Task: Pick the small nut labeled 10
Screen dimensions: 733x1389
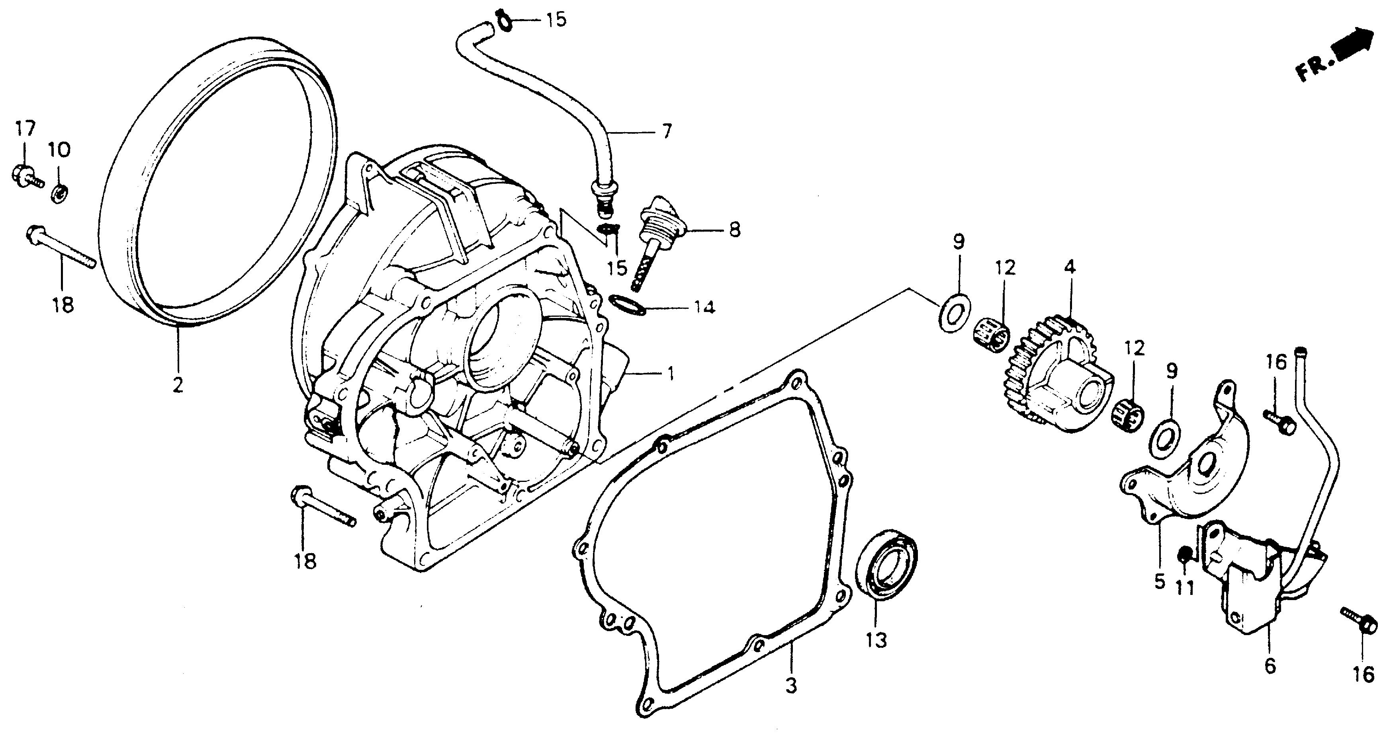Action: tap(59, 193)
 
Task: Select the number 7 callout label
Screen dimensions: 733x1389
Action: tap(667, 131)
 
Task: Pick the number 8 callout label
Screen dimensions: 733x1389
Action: tap(734, 230)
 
